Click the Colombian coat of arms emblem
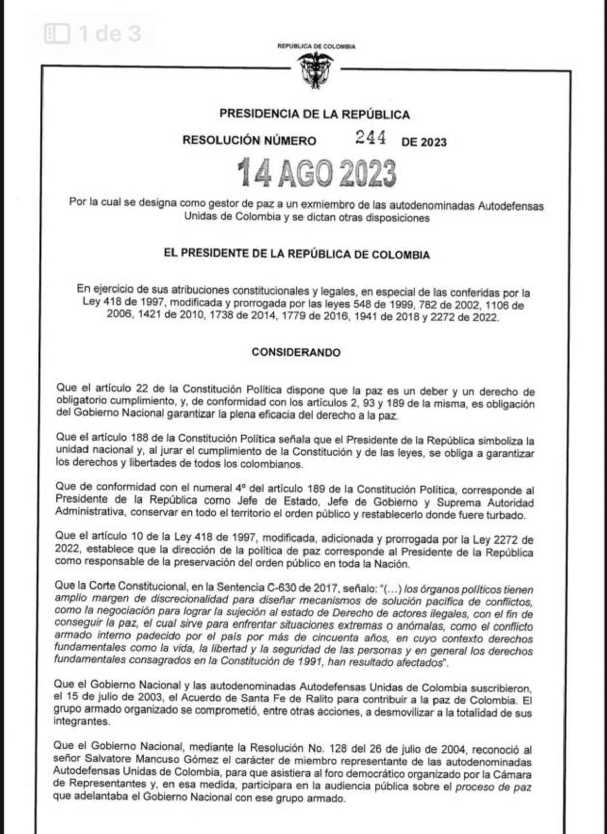pyautogui.click(x=315, y=70)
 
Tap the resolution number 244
pyautogui.click(x=370, y=137)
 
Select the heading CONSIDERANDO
pyautogui.click(x=296, y=352)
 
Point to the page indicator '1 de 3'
pyautogui.click(x=109, y=34)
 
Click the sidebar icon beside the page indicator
pyautogui.click(x=57, y=34)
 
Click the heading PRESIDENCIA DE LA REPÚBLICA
pyautogui.click(x=314, y=114)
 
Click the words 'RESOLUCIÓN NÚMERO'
pyautogui.click(x=249, y=140)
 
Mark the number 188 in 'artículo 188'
pyautogui.click(x=139, y=437)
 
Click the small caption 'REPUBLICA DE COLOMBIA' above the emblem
pyautogui.click(x=316, y=46)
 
